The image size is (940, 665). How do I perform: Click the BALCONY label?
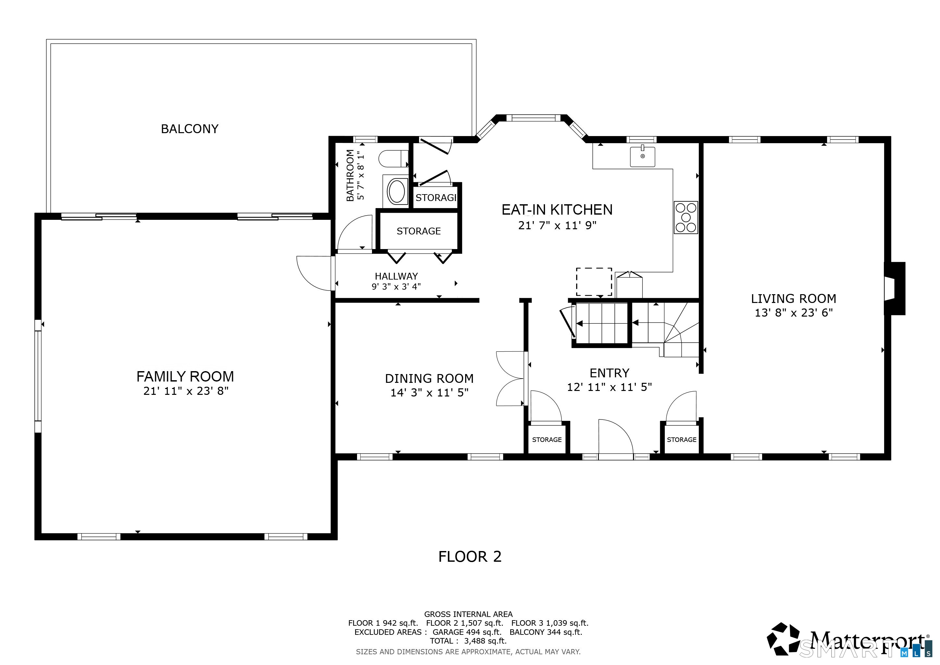(190, 129)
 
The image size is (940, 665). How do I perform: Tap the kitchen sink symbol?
(642, 157)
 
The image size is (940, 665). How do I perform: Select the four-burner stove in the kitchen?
(686, 218)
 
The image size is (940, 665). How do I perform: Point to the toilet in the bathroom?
(393, 159)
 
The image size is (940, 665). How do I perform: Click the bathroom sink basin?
(396, 192)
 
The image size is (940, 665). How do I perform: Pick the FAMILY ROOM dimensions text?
(186, 391)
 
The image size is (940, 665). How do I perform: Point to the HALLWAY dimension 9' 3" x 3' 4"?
(396, 287)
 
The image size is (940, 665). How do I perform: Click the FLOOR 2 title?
(470, 557)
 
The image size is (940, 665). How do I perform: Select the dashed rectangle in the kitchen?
(594, 282)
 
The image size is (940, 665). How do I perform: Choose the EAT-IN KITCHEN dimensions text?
(557, 226)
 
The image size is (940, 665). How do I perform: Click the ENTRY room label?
(610, 373)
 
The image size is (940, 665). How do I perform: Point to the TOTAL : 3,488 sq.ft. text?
(468, 641)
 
